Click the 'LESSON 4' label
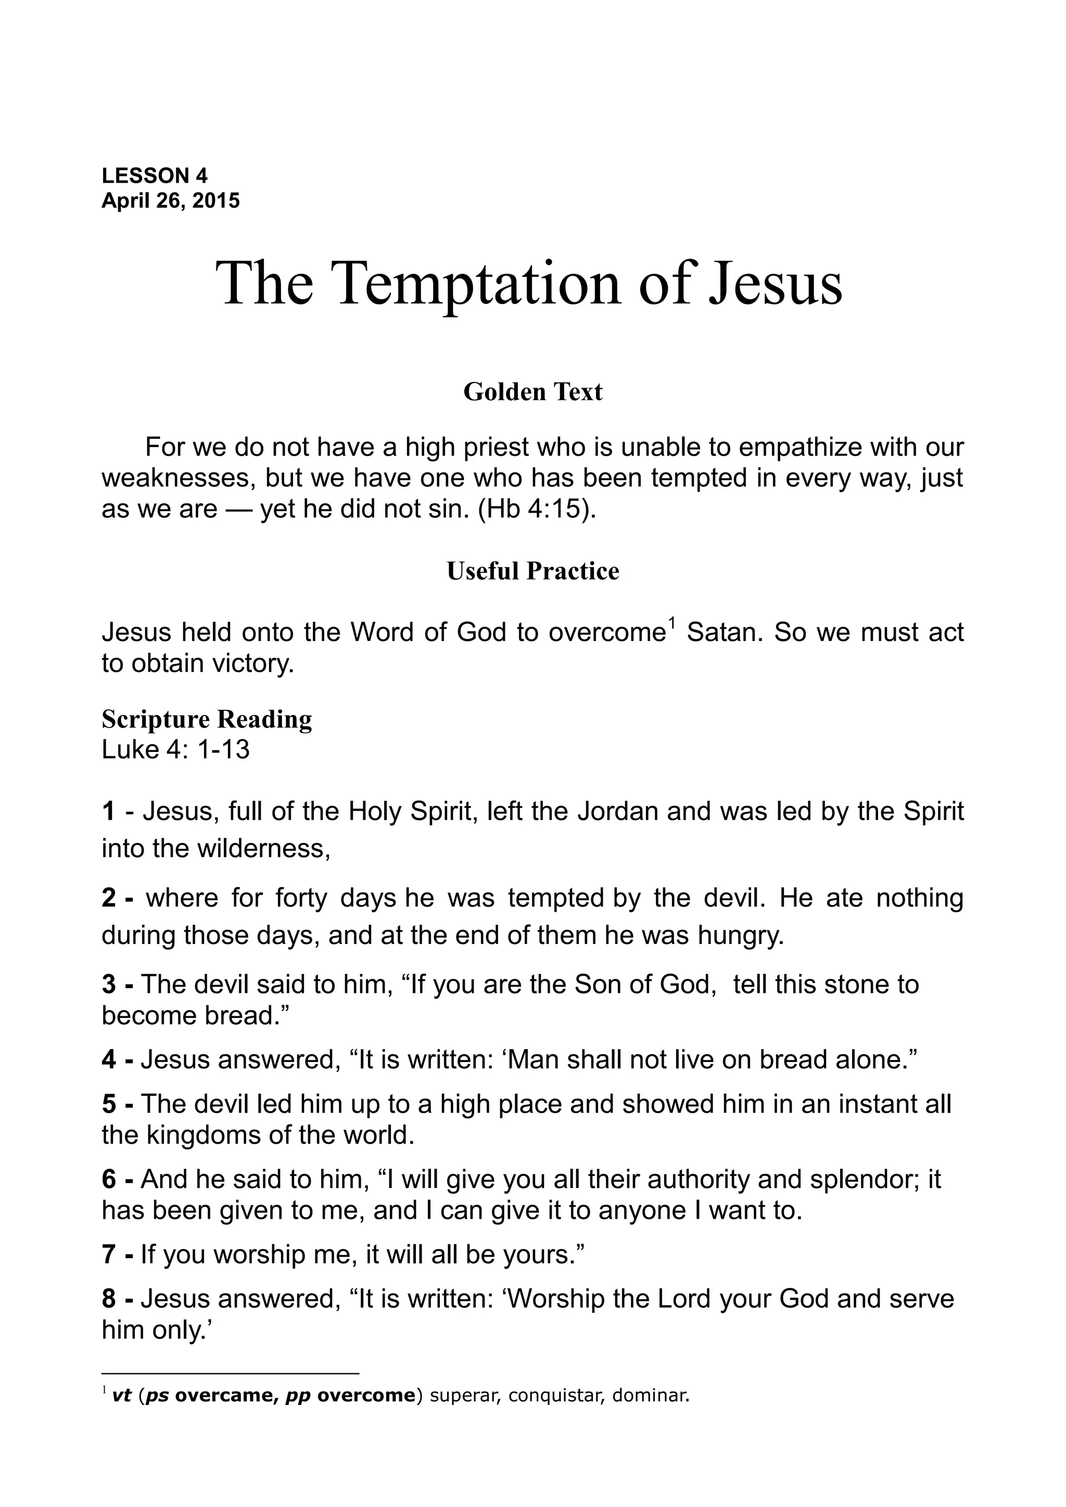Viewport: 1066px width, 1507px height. coord(154,175)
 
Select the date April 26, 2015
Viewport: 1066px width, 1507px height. coord(171,200)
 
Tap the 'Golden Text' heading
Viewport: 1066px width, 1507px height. coord(532,392)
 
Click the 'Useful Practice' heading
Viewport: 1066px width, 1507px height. coord(532,571)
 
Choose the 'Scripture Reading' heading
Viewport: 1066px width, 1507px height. coord(207,719)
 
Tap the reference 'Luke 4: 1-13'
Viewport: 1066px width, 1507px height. coord(176,749)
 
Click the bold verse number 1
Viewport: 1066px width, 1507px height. coord(108,812)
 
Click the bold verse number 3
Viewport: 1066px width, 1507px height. coord(108,985)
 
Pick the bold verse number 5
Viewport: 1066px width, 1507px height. coord(108,1104)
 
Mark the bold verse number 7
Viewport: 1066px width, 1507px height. coord(108,1254)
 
